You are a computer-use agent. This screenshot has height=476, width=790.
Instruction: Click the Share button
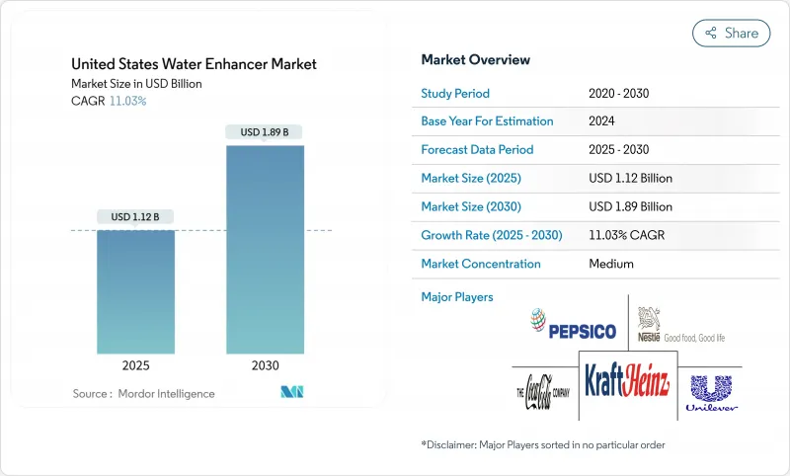pyautogui.click(x=732, y=33)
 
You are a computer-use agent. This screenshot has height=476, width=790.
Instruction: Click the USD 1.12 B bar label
pyautogui.click(x=135, y=216)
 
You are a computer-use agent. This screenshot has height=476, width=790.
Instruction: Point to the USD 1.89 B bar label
pyautogui.click(x=265, y=132)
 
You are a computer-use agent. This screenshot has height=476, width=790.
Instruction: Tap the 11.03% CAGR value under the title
pyautogui.click(x=127, y=101)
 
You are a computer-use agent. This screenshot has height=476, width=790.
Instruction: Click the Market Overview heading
pyautogui.click(x=475, y=60)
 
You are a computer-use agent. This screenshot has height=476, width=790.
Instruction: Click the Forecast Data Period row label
pyautogui.click(x=477, y=150)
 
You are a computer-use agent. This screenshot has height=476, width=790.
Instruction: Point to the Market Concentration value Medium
pyautogui.click(x=610, y=264)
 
